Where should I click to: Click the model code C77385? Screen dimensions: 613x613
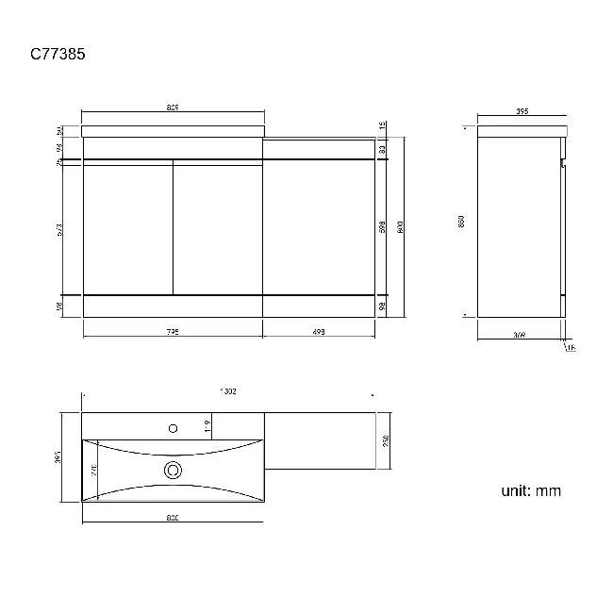pos(58,54)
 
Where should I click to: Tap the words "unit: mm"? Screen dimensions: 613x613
pos(531,490)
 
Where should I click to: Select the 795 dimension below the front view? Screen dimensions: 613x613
pos(173,332)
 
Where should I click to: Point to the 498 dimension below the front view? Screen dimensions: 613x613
pos(318,332)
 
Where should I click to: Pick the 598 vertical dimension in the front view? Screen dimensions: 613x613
pos(383,227)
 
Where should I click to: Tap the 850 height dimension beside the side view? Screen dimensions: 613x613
pos(461,221)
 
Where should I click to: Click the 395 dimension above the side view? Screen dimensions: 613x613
pos(522,112)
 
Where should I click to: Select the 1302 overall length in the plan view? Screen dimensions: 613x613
pos(226,391)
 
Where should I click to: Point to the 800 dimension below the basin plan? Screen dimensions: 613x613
pos(173,517)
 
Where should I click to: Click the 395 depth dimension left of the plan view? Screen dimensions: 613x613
pos(58,456)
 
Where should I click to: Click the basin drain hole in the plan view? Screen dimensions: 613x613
pos(173,469)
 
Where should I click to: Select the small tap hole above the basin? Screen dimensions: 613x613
pos(173,427)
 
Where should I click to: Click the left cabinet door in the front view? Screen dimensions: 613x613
pos(128,227)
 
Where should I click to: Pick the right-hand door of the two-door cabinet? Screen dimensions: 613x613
pos(218,227)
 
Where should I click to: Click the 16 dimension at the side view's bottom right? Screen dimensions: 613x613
pos(571,347)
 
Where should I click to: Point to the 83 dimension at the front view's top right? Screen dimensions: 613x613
pos(383,149)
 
